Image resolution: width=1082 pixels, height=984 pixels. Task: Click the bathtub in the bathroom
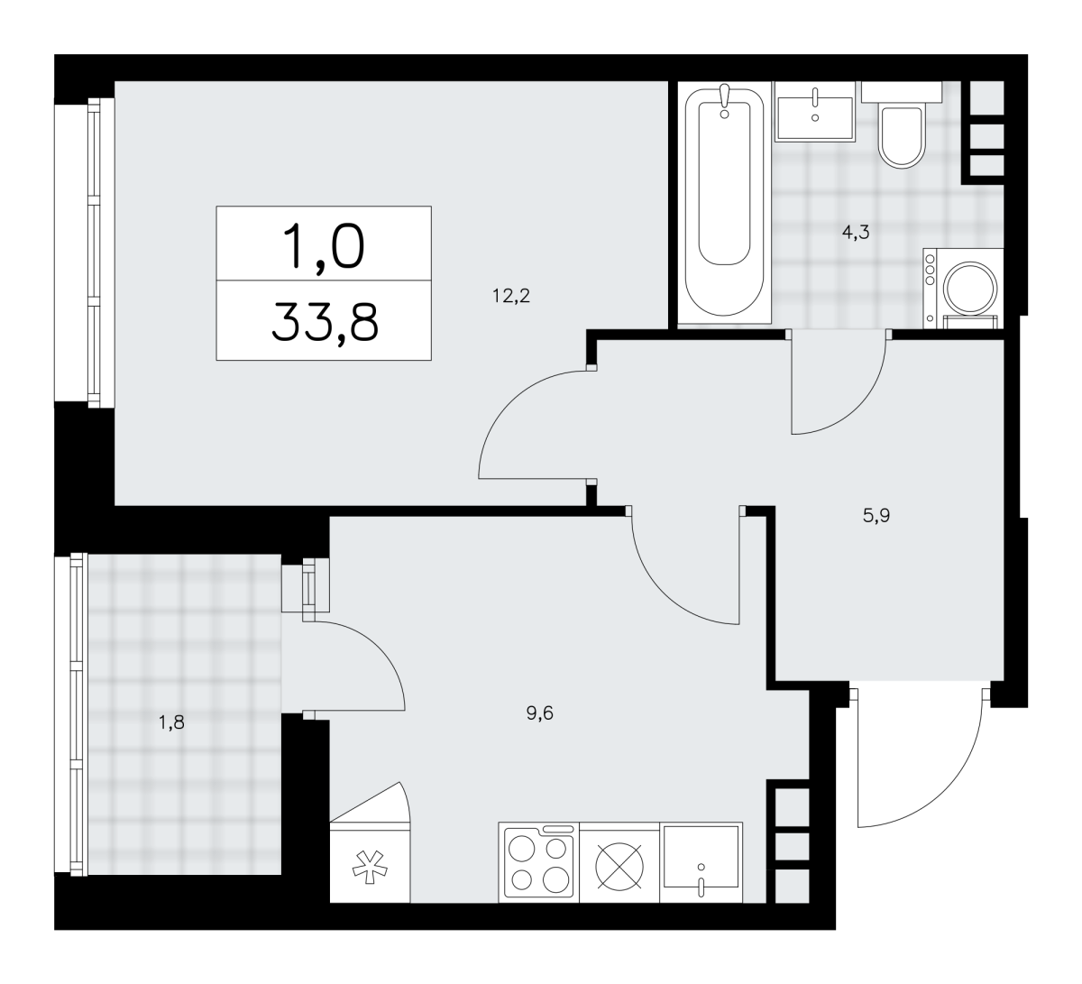click(724, 202)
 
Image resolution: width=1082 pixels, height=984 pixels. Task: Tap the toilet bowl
click(902, 136)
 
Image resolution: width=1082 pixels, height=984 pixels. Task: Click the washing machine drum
click(970, 290)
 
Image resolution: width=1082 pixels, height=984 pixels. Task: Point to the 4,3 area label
click(856, 233)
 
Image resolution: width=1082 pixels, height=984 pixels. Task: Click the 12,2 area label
click(511, 296)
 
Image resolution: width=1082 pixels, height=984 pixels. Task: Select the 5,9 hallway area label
click(876, 516)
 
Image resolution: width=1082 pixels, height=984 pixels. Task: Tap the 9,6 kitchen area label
click(540, 713)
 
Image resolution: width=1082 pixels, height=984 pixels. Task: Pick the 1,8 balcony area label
click(171, 722)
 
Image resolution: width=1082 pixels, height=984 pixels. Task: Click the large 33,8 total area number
click(325, 322)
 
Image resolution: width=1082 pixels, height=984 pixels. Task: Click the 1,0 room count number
click(324, 246)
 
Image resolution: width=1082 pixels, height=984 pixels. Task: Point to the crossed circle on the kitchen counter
click(619, 867)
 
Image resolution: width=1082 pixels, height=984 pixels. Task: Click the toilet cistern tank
click(902, 91)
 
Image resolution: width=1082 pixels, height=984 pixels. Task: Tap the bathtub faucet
click(724, 101)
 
